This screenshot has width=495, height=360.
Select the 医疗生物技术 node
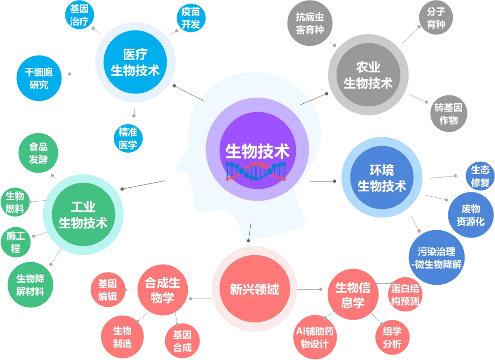[135, 62]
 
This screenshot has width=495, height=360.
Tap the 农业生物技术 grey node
[368, 75]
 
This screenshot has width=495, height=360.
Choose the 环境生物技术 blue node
[381, 179]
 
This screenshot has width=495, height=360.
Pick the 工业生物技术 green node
[83, 215]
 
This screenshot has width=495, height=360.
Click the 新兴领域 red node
[254, 289]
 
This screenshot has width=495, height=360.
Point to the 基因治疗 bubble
[79, 15]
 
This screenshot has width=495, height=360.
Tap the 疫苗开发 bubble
[190, 19]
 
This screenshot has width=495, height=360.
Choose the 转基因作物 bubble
[448, 114]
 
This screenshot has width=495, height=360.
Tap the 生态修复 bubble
[480, 176]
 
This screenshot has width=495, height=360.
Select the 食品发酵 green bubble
[38, 153]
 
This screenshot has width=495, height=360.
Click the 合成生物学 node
[162, 290]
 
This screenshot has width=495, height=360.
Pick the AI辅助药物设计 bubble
[315, 337]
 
